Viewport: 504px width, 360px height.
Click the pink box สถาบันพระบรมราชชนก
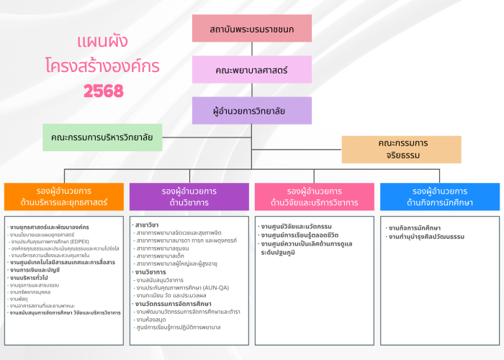[251, 28]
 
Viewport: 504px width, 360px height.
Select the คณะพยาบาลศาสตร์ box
[251, 70]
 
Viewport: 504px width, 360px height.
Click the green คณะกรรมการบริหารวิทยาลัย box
[103, 137]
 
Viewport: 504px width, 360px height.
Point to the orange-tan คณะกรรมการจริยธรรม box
[401, 149]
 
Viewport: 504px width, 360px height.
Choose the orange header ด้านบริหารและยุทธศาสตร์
[65, 197]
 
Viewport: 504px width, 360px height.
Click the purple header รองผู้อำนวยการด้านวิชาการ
[189, 197]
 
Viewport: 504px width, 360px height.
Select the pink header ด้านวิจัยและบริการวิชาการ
[314, 197]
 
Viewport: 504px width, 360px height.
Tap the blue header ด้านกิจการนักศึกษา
[439, 197]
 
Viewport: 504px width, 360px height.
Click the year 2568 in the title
[104, 91]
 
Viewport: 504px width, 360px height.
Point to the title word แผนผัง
[102, 41]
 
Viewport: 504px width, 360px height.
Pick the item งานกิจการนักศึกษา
[415, 228]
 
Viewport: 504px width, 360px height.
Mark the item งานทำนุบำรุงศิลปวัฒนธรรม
[426, 236]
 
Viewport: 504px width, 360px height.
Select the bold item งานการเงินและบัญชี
[35, 270]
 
